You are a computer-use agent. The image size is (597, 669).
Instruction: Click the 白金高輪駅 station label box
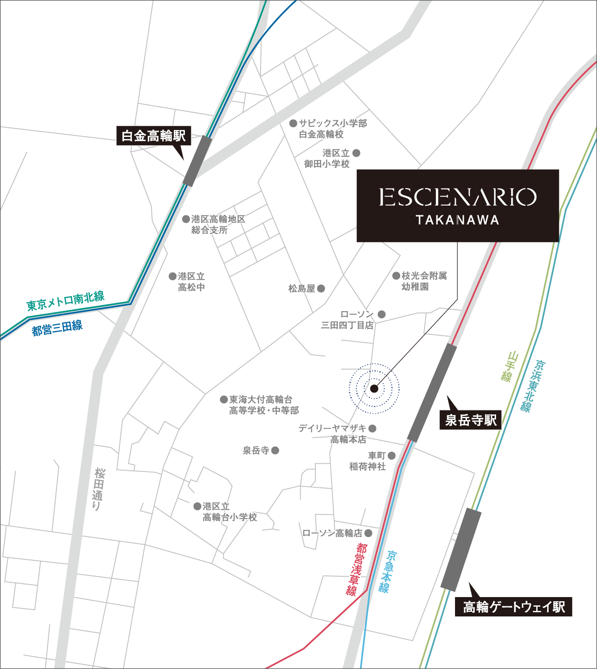(154, 136)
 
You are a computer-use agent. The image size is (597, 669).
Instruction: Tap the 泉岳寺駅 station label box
(471, 420)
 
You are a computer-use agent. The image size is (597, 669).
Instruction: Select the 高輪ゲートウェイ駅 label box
(514, 607)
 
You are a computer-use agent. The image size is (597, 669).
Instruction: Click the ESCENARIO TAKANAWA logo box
(457, 206)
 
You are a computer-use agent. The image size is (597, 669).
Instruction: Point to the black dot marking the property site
(374, 389)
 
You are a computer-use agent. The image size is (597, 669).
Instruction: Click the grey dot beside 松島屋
(321, 289)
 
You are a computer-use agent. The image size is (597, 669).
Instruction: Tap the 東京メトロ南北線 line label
(65, 301)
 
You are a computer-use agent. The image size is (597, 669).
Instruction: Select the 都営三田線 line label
(57, 328)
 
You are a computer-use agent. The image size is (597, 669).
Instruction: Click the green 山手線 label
(508, 367)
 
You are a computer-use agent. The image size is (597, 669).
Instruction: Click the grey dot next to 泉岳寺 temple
(275, 450)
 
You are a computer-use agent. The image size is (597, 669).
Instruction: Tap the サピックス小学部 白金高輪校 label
(332, 129)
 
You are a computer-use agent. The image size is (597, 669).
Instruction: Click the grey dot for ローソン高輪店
(368, 533)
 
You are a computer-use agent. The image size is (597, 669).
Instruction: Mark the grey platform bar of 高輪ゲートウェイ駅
(461, 549)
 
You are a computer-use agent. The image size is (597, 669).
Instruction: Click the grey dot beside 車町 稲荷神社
(391, 456)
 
